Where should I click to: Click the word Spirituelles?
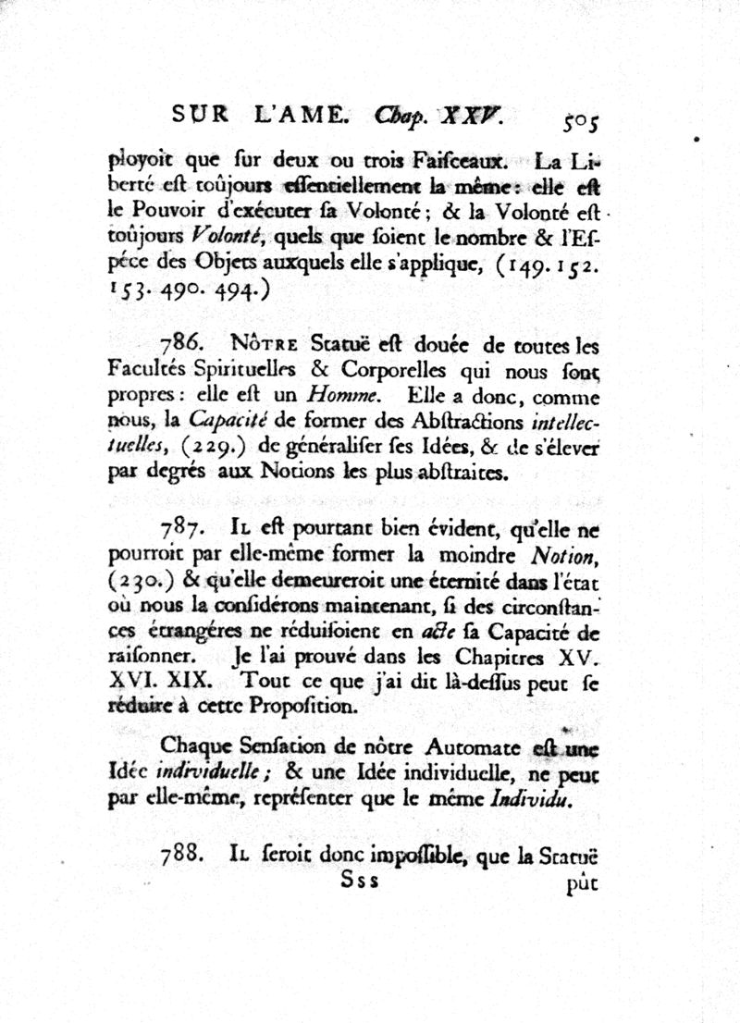[x=244, y=370]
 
